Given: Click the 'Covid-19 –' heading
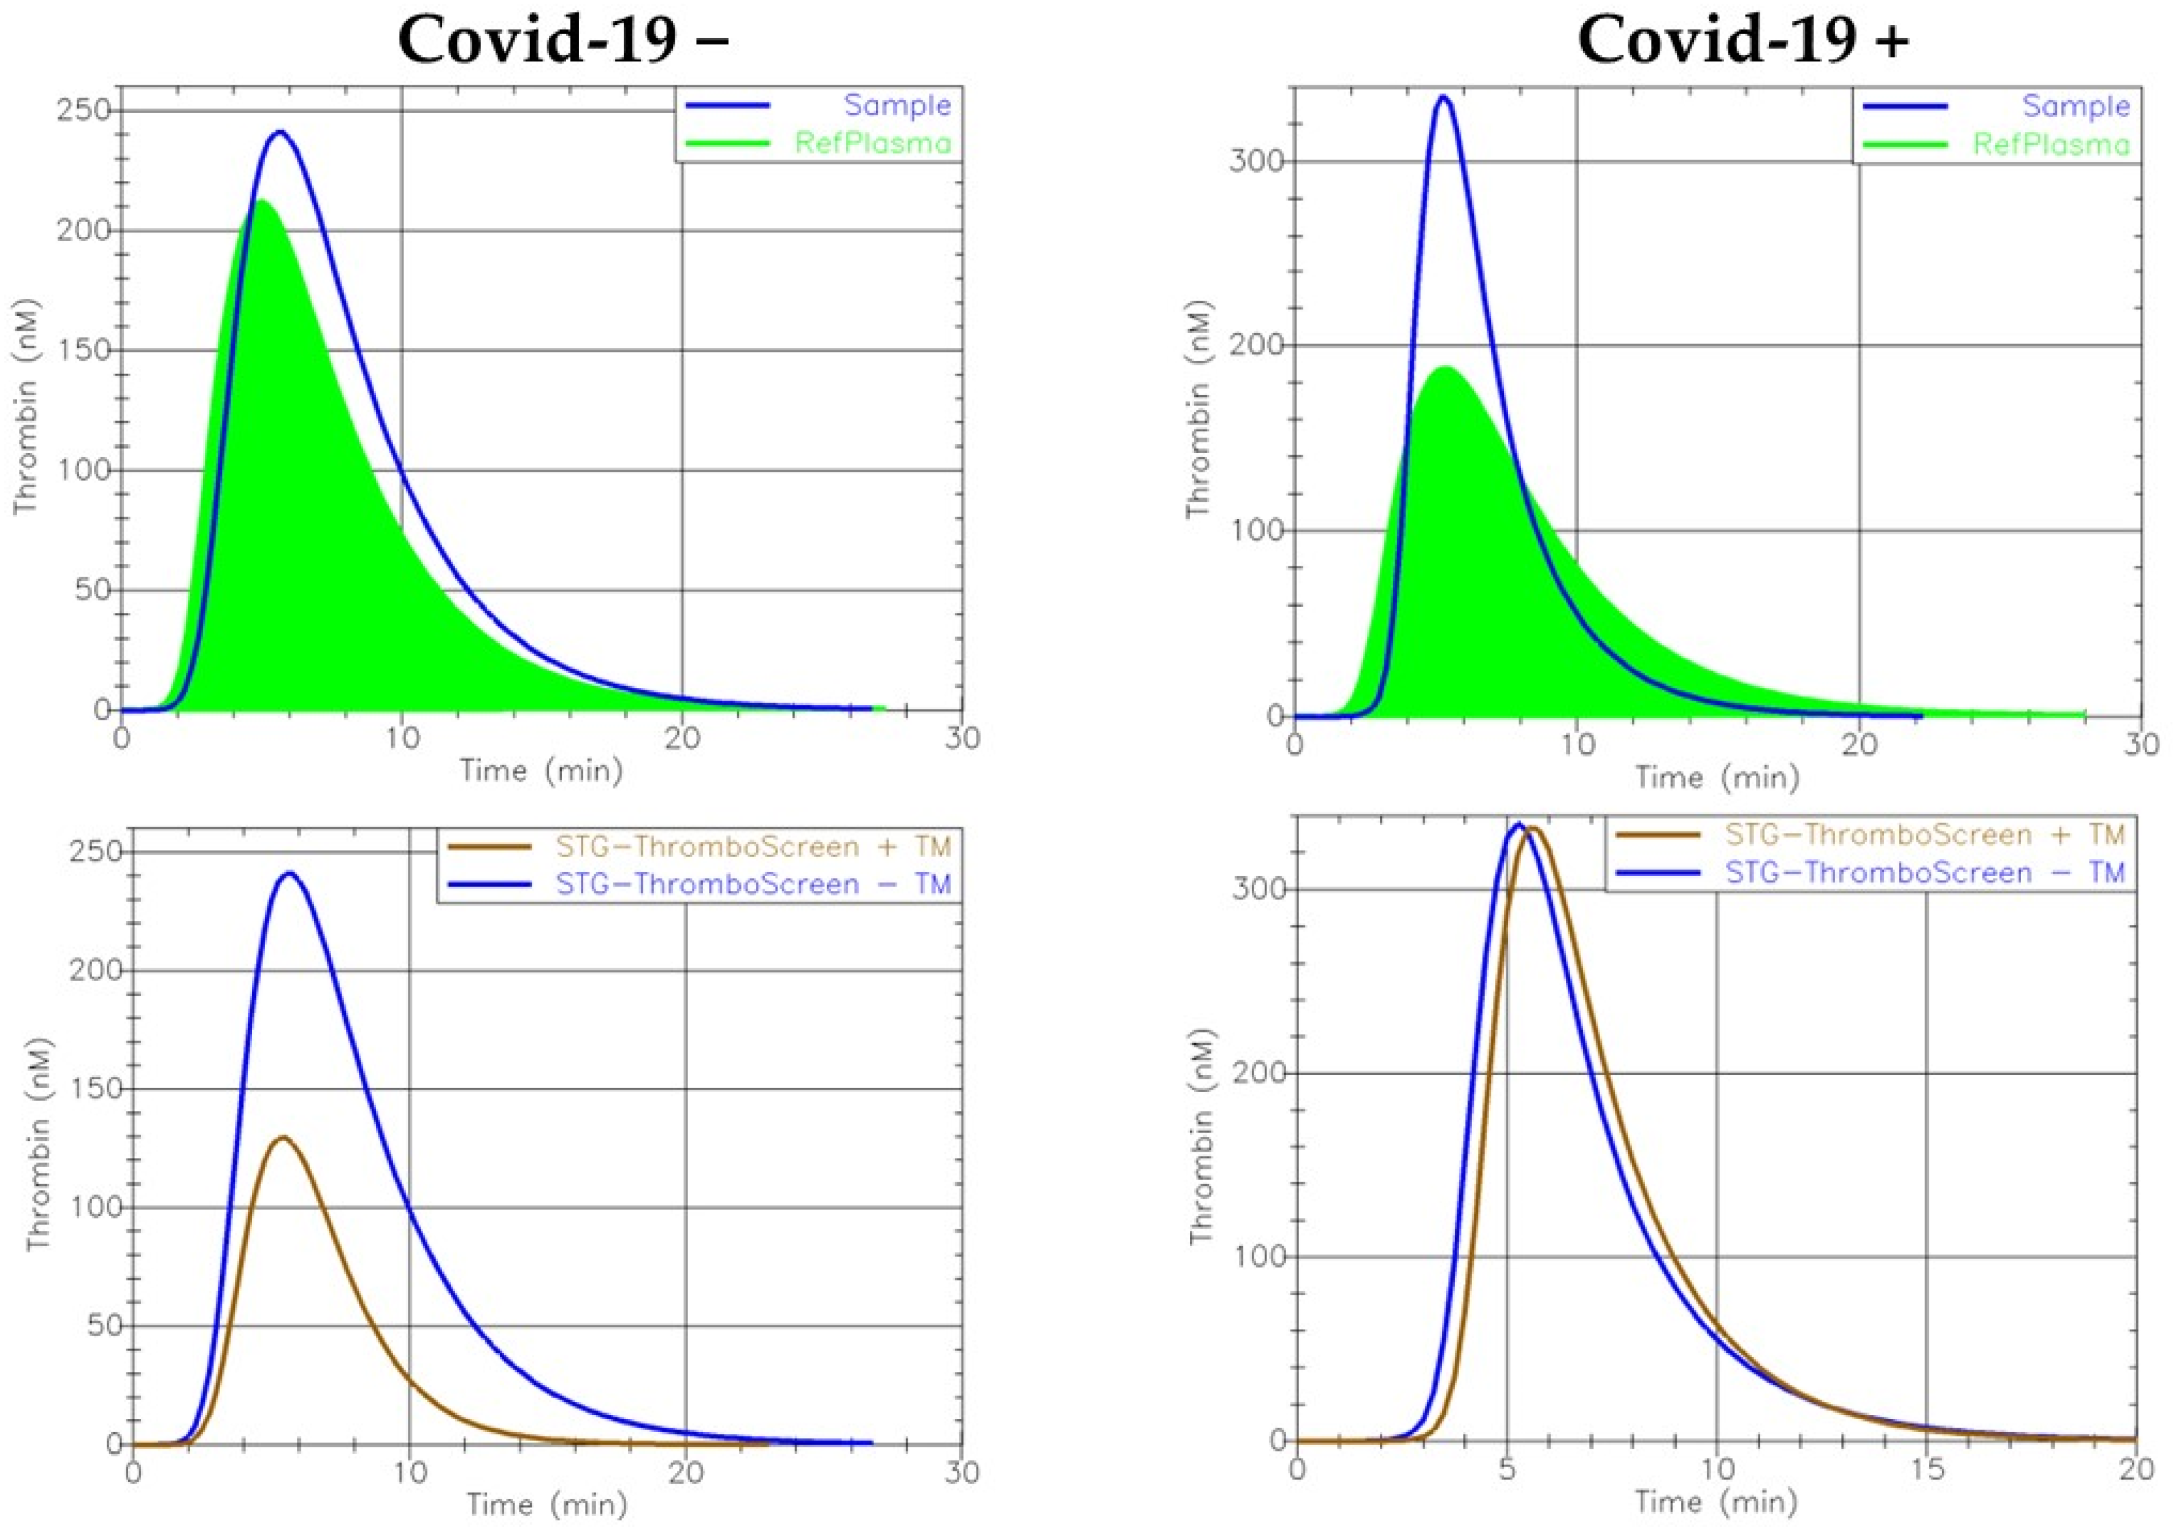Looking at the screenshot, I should pos(563,42).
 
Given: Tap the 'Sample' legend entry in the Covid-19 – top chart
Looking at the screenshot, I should pos(897,105).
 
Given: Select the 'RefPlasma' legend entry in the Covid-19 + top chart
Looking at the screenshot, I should pos(2051,144).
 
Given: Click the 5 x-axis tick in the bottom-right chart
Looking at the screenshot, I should pos(1507,1470).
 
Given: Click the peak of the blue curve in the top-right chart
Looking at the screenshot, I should pos(1443,96).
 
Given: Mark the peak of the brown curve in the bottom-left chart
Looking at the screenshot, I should pos(282,1137).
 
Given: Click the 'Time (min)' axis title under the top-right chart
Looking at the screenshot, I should pos(1717,777).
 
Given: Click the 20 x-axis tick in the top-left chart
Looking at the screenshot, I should pos(681,738).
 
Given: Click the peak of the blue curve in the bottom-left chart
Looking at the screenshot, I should pos(289,873).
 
